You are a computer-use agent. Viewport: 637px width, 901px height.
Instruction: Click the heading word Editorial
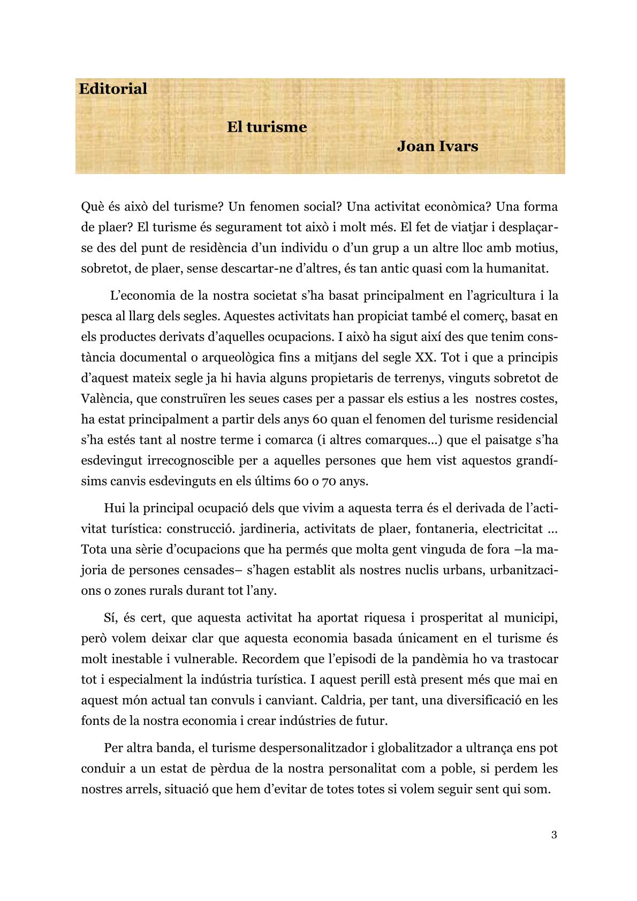point(113,89)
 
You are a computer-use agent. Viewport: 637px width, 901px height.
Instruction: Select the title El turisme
point(267,127)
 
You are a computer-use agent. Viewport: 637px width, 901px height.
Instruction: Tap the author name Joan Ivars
point(437,146)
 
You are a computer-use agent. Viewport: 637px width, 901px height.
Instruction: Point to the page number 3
point(554,835)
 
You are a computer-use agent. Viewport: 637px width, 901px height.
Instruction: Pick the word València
point(104,399)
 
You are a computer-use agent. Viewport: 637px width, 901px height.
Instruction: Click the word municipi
point(530,618)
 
